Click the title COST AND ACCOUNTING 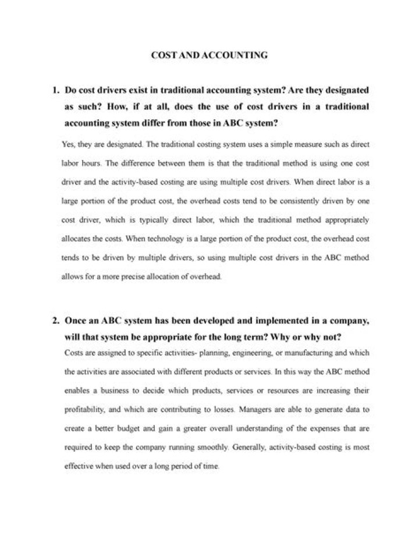coord(209,56)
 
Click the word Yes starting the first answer coord(68,143)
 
